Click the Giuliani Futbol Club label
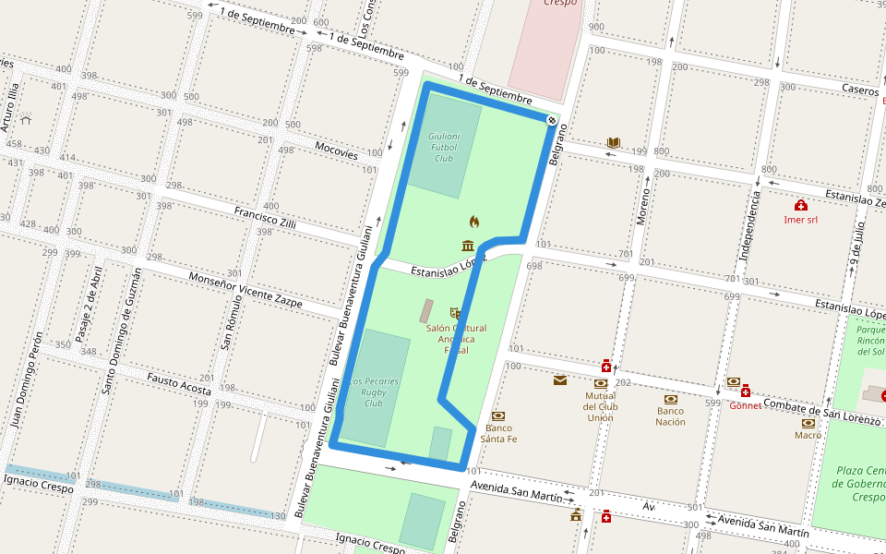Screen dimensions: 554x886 (444, 147)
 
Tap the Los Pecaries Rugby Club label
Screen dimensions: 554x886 (373, 392)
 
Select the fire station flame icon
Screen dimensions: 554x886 (474, 222)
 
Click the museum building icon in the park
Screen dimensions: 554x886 (468, 245)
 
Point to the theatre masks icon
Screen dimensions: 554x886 (454, 314)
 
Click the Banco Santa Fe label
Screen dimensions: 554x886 (498, 433)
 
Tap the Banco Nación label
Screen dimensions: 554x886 (671, 415)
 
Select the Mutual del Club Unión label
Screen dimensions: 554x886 (600, 406)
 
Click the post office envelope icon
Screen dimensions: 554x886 (560, 379)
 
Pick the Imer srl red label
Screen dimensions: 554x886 (800, 220)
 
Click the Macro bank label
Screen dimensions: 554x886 (808, 435)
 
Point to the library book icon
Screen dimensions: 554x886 (614, 142)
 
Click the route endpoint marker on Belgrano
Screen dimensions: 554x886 (552, 120)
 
